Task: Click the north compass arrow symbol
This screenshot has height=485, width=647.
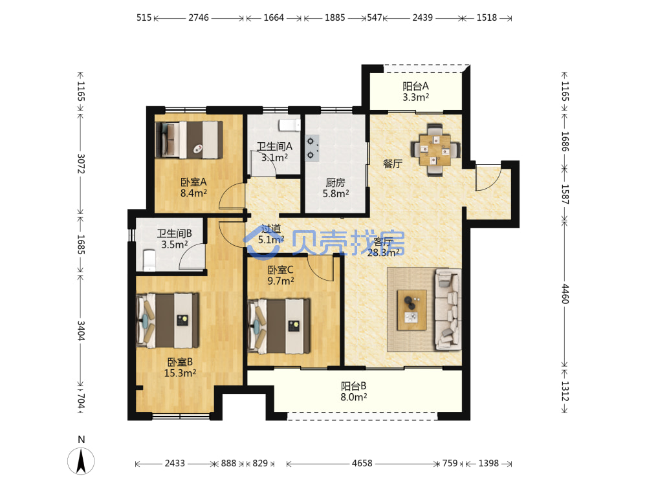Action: [81, 461]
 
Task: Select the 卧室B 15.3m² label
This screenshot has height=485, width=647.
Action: [180, 367]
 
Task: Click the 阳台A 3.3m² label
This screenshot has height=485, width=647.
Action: [415, 92]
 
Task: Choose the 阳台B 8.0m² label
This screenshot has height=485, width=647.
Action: [354, 391]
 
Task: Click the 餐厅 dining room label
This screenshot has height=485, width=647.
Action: [393, 164]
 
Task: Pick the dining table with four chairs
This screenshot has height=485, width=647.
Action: [435, 150]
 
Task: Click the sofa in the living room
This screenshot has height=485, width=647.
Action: [448, 309]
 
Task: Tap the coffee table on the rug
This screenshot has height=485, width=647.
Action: [411, 310]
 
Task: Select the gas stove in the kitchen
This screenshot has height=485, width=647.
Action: [312, 148]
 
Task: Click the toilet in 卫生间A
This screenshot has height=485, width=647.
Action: [289, 125]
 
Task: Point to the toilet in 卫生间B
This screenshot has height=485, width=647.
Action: [149, 260]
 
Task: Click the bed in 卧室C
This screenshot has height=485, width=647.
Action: [279, 326]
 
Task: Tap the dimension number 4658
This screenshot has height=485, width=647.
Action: [362, 463]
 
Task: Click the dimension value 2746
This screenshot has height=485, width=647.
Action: [199, 17]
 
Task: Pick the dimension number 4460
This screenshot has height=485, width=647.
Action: [565, 294]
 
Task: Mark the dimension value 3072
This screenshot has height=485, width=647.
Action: [81, 164]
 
